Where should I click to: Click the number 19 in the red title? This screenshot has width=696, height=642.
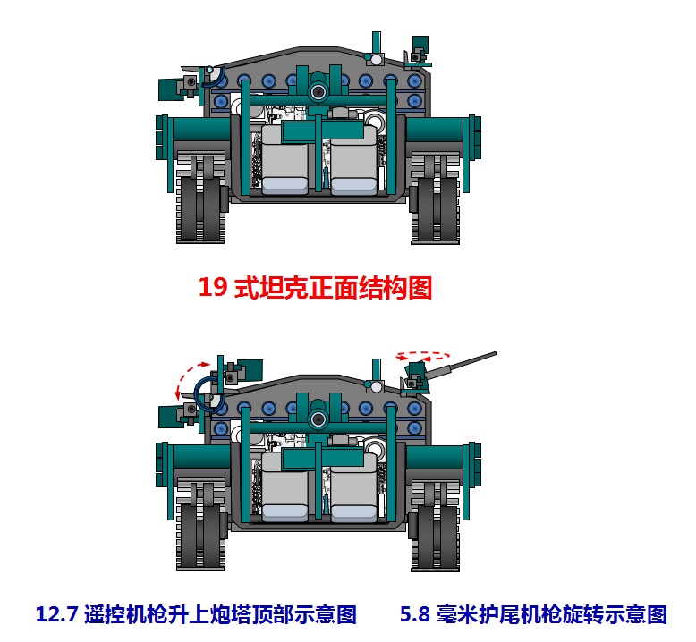(x=213, y=287)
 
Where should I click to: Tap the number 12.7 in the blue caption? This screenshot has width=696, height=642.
(x=57, y=614)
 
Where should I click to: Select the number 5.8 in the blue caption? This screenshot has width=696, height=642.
(x=415, y=614)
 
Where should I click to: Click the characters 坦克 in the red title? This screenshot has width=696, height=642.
(x=283, y=288)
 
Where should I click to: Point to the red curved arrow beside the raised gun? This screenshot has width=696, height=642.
(x=185, y=378)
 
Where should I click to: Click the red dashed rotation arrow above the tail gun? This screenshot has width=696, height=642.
(x=423, y=354)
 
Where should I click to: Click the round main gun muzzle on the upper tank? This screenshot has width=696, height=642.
(x=318, y=92)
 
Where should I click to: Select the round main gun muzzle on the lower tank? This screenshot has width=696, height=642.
(x=318, y=419)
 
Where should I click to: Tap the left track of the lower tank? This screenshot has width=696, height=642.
(x=200, y=525)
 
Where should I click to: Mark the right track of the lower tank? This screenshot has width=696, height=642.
(x=435, y=525)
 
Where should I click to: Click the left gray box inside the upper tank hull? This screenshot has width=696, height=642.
(x=284, y=160)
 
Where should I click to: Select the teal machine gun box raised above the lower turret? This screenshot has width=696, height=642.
(x=250, y=369)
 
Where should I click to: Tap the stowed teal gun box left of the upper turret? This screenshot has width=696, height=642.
(x=171, y=89)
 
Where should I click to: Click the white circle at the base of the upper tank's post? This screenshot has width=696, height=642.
(x=377, y=59)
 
